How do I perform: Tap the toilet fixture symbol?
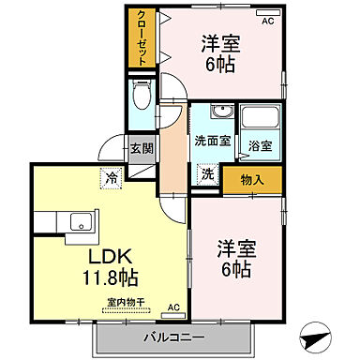click(142, 95)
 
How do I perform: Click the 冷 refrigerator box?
click(112, 175)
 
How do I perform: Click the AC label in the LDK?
click(172, 307)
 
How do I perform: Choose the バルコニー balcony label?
click(174, 334)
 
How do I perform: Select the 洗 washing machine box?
click(206, 174)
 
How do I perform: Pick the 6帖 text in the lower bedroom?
click(235, 268)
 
